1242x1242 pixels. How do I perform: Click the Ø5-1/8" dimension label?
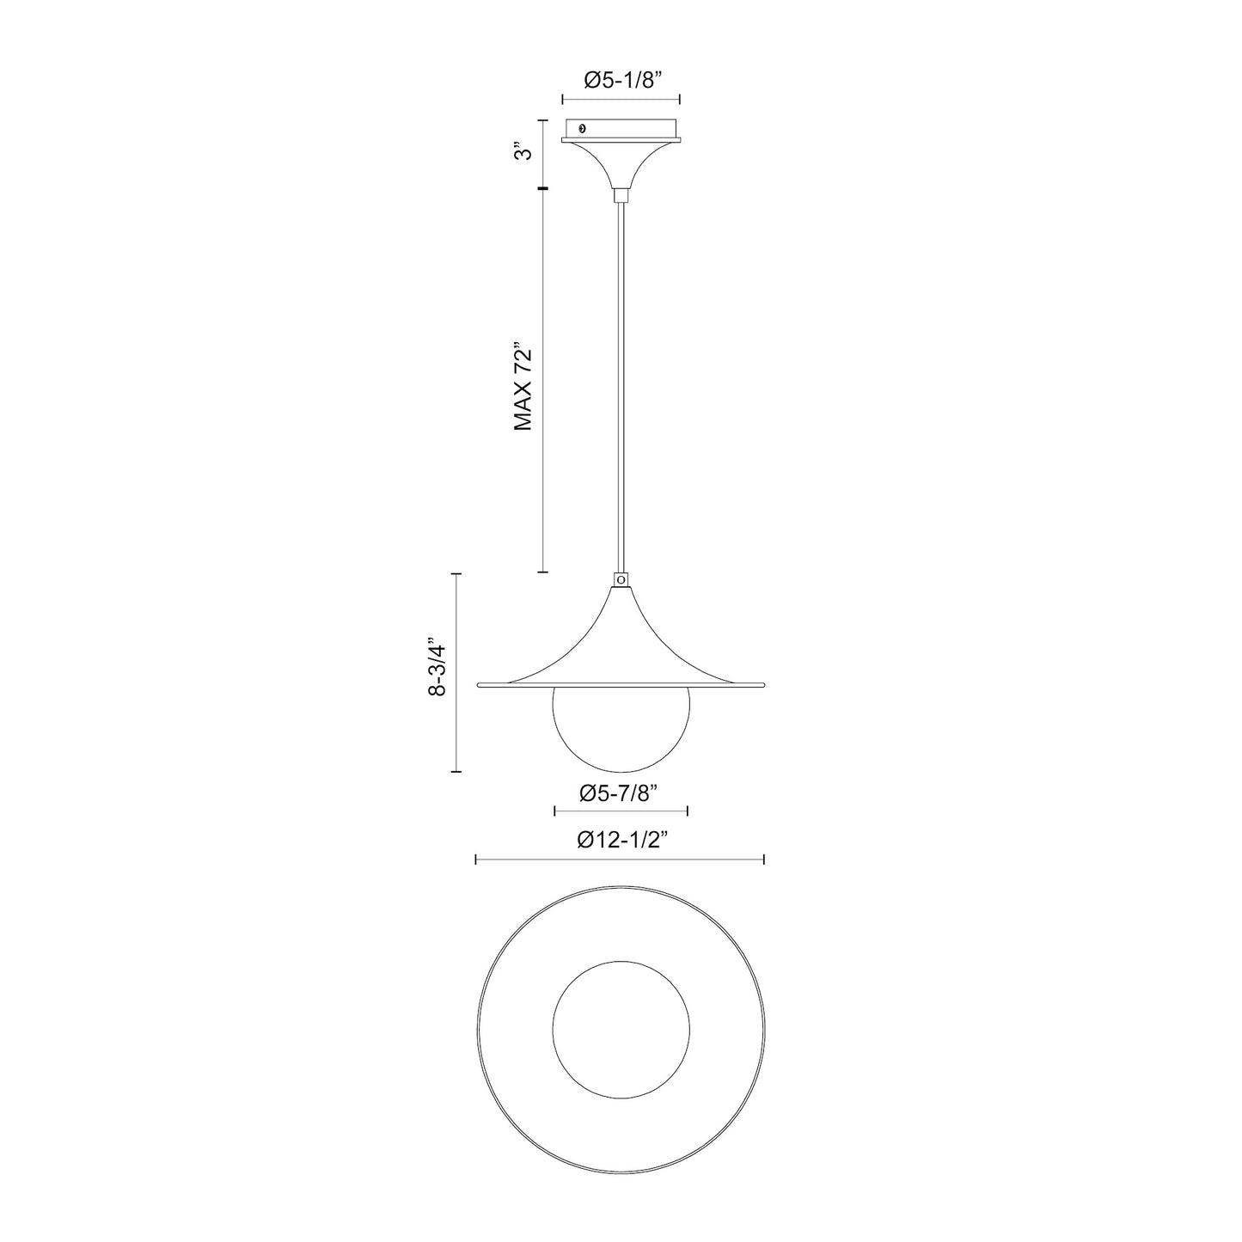[621, 81]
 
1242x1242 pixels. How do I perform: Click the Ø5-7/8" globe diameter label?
[620, 792]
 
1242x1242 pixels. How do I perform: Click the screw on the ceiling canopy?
[584, 128]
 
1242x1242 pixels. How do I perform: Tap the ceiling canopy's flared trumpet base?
[621, 163]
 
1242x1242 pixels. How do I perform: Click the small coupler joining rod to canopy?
[621, 197]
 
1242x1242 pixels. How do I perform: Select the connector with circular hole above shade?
[621, 580]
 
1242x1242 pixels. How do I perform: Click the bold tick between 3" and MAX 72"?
[543, 188]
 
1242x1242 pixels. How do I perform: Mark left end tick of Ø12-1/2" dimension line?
[476, 859]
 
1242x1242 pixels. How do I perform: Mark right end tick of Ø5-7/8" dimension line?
[688, 810]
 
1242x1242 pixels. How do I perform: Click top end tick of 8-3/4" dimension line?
[457, 573]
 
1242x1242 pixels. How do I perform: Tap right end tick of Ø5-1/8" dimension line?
[680, 99]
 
